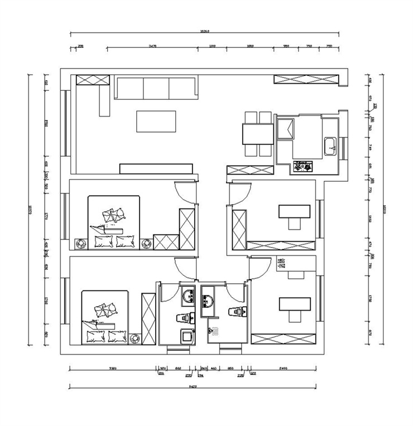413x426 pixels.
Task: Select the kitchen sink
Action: click(x=330, y=146)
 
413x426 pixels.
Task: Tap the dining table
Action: click(x=257, y=134)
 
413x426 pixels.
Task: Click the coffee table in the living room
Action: click(x=156, y=121)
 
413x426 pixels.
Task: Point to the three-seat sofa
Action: click(x=156, y=88)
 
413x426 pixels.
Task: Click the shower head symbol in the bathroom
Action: click(x=214, y=332)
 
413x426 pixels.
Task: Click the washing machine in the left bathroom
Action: click(x=186, y=337)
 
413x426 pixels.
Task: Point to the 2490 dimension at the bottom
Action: click(x=283, y=367)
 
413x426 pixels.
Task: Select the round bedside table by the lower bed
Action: click(x=135, y=338)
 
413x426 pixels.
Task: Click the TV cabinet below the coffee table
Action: click(x=156, y=168)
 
